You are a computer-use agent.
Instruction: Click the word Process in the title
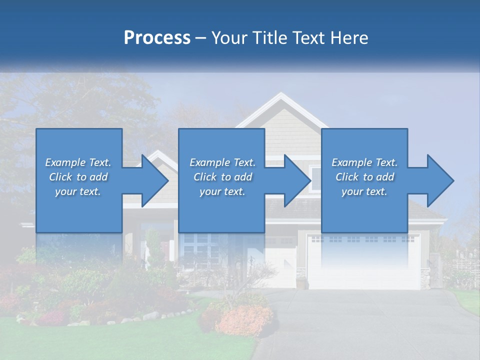tap(157, 38)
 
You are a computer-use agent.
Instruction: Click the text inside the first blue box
tap(78, 177)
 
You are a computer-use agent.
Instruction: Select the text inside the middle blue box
tap(222, 177)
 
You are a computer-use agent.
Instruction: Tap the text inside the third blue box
tap(364, 177)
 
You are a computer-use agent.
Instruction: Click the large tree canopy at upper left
tap(75, 100)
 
